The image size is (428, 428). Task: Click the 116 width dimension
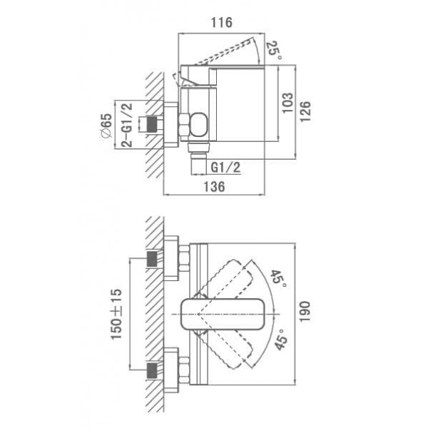[222, 23]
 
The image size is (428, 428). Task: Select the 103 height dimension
[287, 103]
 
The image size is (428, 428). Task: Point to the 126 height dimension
[305, 111]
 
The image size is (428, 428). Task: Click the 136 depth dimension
[215, 187]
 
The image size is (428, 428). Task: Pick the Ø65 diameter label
[106, 126]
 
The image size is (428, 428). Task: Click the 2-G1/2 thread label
[126, 125]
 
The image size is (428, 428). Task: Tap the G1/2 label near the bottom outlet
[225, 167]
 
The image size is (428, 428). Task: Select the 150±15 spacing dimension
[116, 314]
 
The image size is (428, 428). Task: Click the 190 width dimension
[305, 312]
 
